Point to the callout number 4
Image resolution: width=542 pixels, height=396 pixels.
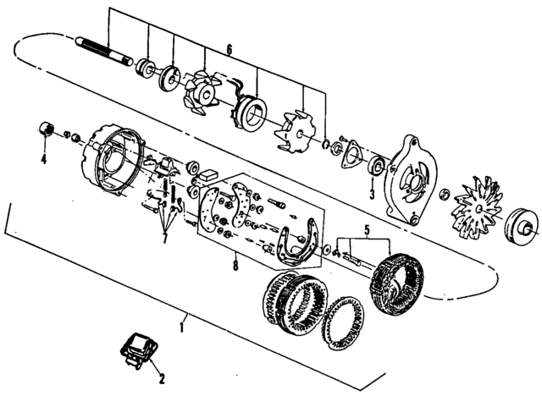pyautogui.click(x=44, y=157)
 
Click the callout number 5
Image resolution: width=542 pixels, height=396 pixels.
pyautogui.click(x=367, y=229)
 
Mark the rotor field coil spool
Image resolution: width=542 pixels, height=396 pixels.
pyautogui.click(x=251, y=111)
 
